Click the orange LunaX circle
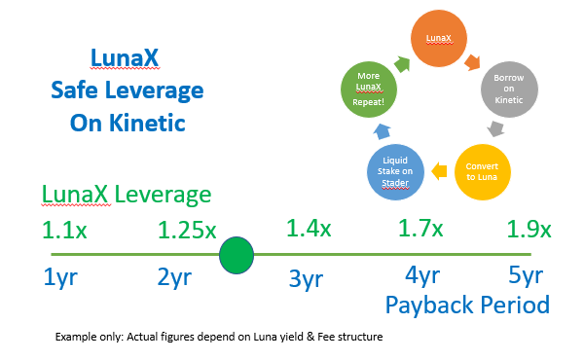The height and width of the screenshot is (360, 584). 439,38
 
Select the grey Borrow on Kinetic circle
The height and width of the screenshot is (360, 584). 509,90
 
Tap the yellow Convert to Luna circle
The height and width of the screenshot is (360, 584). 483,172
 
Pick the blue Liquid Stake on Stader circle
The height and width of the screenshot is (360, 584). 395,172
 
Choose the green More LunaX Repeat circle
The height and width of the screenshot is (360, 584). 369,90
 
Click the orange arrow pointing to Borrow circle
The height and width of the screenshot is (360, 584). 472,62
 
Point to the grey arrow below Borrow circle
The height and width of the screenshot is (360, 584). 495,128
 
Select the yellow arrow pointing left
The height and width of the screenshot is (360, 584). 439,171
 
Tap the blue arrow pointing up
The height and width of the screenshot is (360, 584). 383,131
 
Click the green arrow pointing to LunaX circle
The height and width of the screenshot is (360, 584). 402,64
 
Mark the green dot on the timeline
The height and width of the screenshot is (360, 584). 237,255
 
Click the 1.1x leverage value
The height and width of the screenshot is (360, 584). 64,230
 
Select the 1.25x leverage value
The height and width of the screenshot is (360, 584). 187,230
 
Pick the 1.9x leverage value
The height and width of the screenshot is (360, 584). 529,229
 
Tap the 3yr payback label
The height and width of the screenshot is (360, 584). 307,279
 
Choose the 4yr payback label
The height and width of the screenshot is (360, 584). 422,276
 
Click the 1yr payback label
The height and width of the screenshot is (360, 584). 60,277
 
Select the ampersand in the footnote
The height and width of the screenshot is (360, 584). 310,337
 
